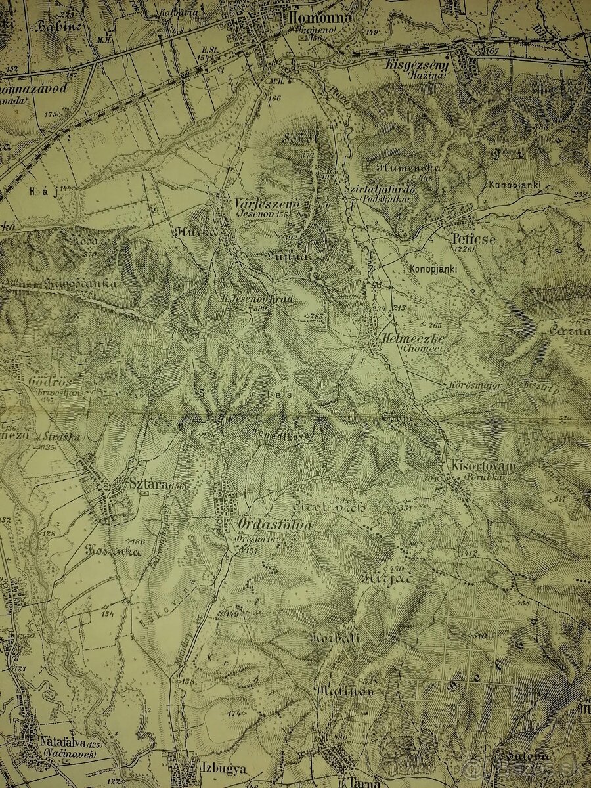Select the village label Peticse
(473, 240)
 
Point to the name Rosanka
(113, 552)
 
